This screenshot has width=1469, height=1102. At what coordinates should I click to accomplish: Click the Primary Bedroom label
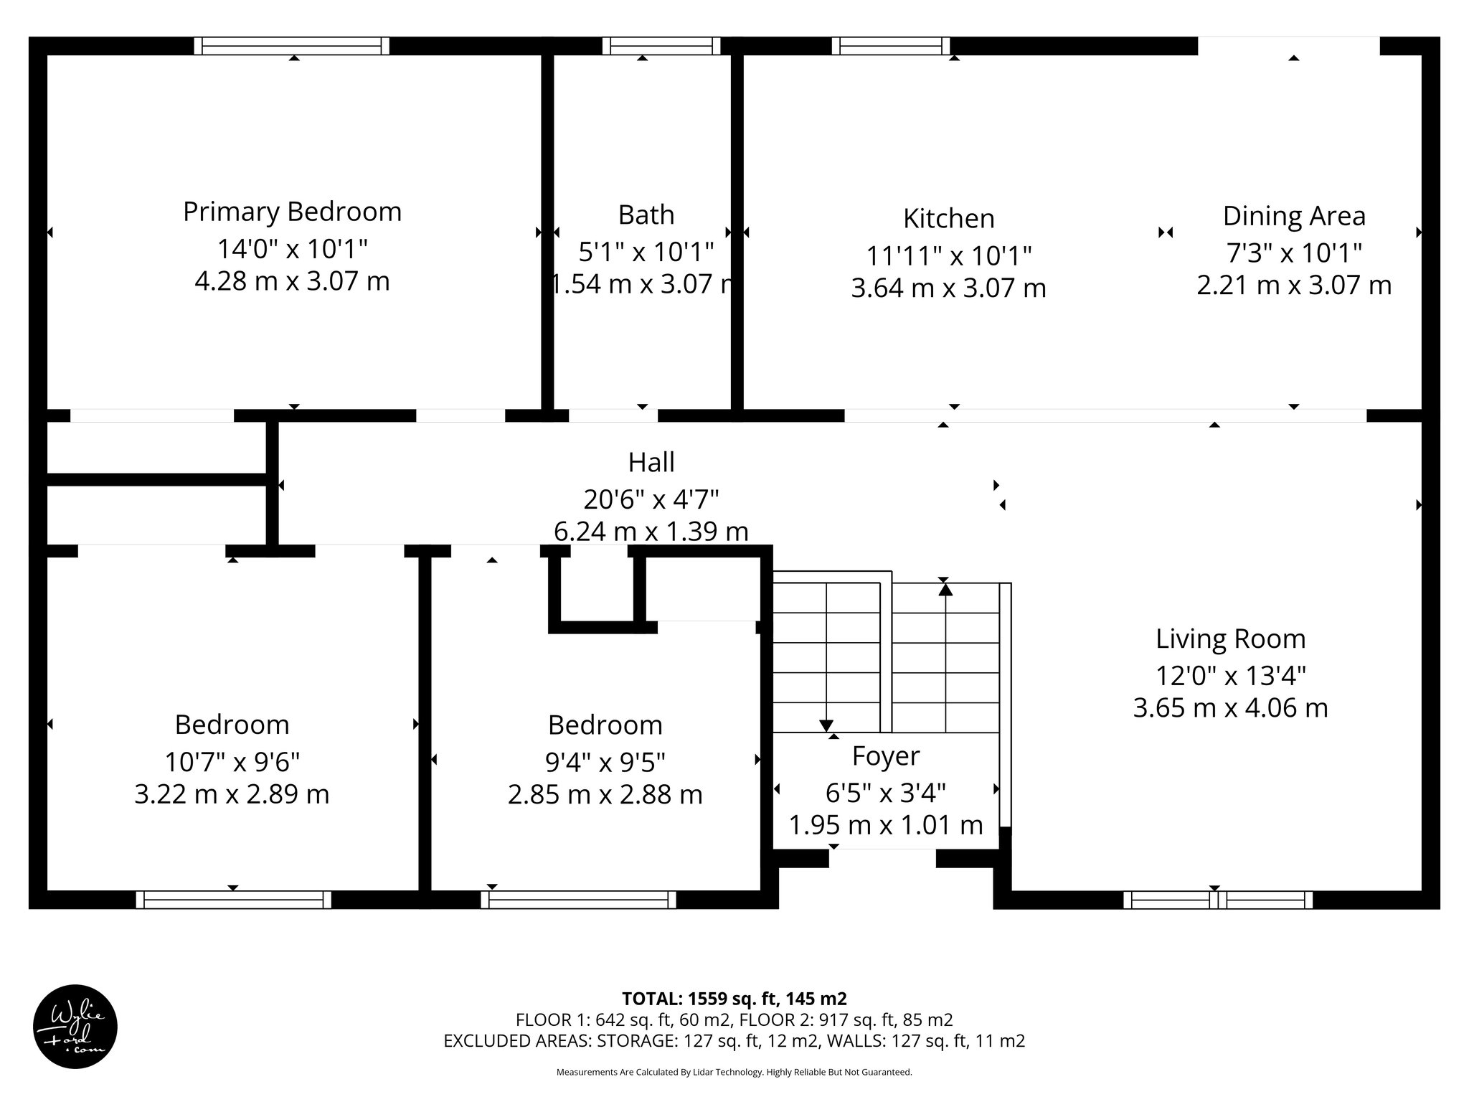tap(292, 212)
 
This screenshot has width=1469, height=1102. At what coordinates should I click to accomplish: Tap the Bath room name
tap(646, 215)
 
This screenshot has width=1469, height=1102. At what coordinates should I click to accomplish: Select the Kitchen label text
tap(948, 218)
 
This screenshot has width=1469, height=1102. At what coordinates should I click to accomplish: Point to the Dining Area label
tap(1294, 216)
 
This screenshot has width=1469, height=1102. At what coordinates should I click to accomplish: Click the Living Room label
tap(1230, 639)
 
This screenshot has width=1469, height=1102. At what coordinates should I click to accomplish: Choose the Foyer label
tap(886, 756)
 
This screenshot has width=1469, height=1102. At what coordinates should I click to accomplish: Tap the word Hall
tap(651, 462)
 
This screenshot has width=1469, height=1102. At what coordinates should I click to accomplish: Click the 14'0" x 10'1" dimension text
tap(293, 249)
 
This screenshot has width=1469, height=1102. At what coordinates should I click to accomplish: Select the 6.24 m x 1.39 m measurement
tap(651, 531)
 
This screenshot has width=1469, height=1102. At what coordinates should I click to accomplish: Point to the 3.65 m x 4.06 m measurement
tap(1230, 708)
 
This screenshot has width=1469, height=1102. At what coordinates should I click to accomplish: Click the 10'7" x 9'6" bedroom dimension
tap(232, 760)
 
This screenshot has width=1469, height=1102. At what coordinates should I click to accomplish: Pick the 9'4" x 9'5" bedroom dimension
tap(605, 760)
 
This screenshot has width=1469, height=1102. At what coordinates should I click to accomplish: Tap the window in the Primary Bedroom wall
tap(292, 46)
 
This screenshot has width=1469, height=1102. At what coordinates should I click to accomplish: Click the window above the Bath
tap(661, 46)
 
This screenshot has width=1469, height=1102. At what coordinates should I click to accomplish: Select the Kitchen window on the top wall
tap(891, 46)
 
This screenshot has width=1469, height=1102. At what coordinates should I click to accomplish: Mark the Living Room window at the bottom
tap(1218, 900)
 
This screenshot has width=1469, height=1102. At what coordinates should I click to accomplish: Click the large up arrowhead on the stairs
tap(945, 590)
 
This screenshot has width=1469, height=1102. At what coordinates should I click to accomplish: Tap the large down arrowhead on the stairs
tap(826, 725)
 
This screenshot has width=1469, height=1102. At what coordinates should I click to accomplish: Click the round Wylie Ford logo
tap(75, 1027)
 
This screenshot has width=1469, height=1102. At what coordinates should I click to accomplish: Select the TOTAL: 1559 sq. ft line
tap(734, 999)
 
